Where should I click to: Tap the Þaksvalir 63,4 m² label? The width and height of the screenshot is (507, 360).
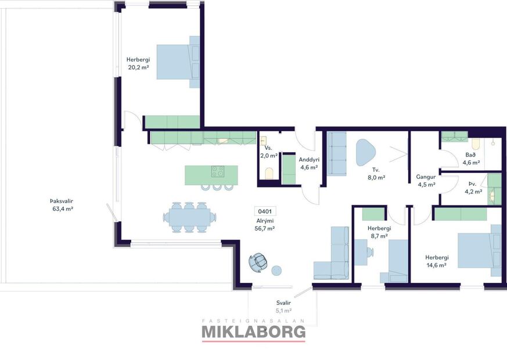[61, 205]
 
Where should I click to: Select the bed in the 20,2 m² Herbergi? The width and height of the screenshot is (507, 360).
[177, 62]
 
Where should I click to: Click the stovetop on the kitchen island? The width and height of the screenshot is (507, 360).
[218, 171]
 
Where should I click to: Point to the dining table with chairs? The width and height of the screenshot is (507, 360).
[189, 217]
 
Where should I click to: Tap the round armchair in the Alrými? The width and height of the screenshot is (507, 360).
[257, 262]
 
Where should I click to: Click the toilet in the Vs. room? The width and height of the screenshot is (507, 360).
[268, 173]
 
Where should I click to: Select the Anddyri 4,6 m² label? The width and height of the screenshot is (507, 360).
[308, 163]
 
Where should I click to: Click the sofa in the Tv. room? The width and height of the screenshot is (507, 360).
[337, 154]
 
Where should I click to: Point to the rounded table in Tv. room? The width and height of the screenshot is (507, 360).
[366, 152]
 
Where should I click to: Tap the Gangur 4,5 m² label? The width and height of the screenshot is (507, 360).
[426, 181]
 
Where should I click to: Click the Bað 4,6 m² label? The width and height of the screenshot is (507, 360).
[470, 159]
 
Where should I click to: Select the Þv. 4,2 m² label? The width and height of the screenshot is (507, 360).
[475, 187]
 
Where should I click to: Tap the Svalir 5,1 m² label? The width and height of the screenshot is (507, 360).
[283, 307]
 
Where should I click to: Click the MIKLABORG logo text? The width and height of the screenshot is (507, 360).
[253, 332]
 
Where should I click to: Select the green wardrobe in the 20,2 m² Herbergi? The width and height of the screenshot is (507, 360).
[172, 122]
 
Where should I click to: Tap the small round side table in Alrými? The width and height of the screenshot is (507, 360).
[276, 270]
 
